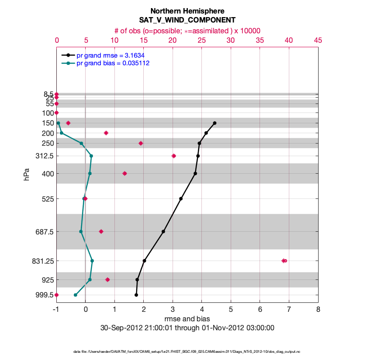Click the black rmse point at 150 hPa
[214, 123]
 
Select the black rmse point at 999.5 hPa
[136, 295]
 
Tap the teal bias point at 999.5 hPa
[75, 295]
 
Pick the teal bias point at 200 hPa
[61, 133]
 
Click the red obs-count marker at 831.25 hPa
[284, 261]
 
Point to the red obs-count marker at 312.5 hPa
[174, 156]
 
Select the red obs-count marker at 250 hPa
[141, 143]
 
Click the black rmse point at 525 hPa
[181, 198]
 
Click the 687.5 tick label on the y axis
[44, 232]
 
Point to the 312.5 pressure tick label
[44, 156]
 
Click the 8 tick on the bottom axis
[318, 309]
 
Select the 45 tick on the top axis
[318, 40]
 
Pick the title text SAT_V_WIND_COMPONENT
[187, 20]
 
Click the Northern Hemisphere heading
[187, 11]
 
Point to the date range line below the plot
[187, 328]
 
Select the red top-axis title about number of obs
[187, 31]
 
